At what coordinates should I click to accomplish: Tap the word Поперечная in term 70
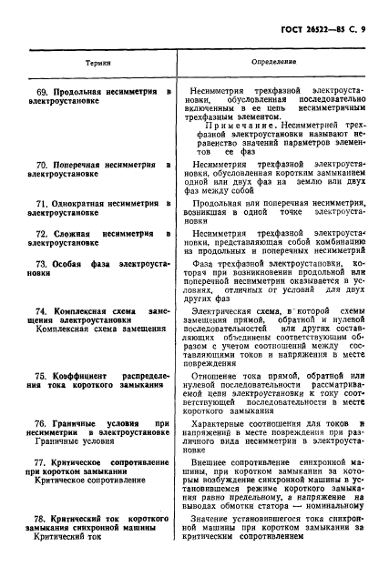82,164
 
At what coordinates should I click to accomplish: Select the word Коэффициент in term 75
88,376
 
